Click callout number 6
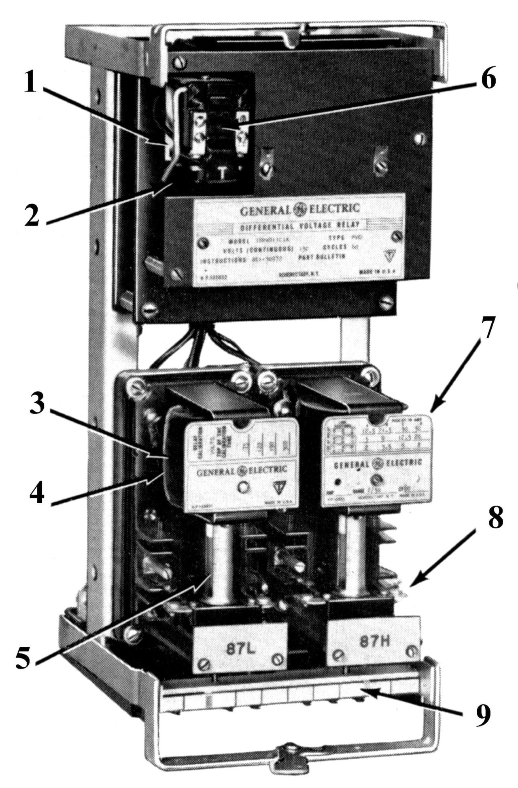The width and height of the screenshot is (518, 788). click(x=488, y=79)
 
